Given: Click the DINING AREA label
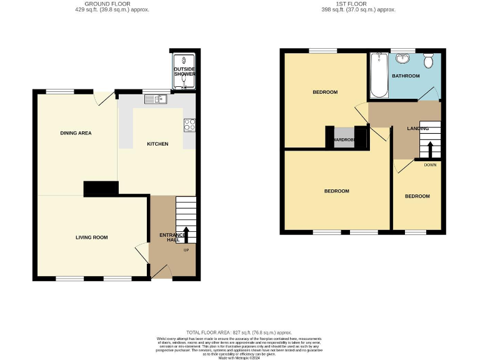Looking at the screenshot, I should coord(76,132).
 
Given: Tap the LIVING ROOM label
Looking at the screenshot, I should coord(92,237).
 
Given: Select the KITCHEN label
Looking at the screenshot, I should coord(157,144).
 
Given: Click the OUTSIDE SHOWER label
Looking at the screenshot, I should coord(184,71).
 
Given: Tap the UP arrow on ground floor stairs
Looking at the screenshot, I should coord(186,236).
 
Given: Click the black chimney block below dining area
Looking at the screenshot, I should coord(101,188).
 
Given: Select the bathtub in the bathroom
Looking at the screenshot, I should coord(379,76).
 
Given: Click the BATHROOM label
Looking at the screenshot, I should coord(406,76).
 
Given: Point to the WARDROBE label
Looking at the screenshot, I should coord(344,139).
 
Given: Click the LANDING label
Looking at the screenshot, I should coord(417,128).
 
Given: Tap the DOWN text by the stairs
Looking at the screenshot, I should coord(430,165).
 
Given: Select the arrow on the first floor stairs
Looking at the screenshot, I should coord(430,150).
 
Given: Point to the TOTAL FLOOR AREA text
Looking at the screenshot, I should coord(239,332).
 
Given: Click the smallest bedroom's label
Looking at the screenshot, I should coord(417,196).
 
